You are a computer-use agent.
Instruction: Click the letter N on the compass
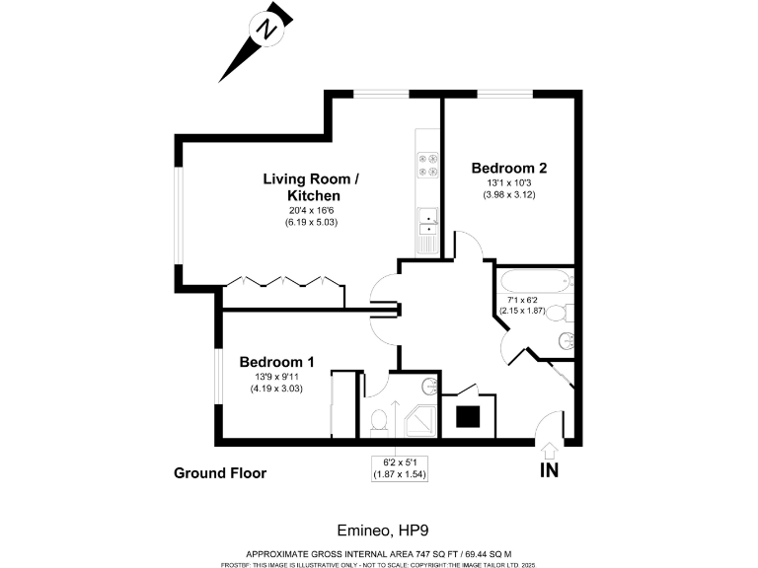pyautogui.click(x=265, y=30)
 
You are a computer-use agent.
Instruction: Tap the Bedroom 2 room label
pyautogui.click(x=509, y=168)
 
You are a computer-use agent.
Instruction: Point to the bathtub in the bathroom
pyautogui.click(x=534, y=281)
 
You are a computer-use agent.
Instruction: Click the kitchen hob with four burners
pyautogui.click(x=428, y=164)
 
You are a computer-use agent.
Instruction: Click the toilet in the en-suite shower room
pyautogui.click(x=378, y=420)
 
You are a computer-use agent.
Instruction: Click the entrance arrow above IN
pyautogui.click(x=549, y=450)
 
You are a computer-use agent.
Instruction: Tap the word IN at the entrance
pyautogui.click(x=549, y=470)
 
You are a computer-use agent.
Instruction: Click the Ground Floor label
pyautogui.click(x=220, y=473)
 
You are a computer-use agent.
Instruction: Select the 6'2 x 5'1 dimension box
pyautogui.click(x=392, y=467)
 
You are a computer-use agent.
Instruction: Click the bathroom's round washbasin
pyautogui.click(x=565, y=341)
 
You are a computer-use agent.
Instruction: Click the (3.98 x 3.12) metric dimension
pyautogui.click(x=509, y=194)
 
